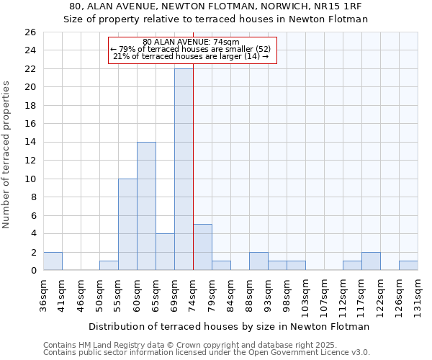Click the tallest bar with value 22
[184, 169]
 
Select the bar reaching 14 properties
[146, 206]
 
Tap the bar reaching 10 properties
[127, 224]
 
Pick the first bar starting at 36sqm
[53, 261]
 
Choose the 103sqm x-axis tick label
[305, 292]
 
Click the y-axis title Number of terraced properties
[7, 155]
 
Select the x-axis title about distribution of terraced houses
[229, 326]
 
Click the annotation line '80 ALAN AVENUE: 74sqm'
[192, 42]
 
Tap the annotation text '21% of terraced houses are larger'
[192, 56]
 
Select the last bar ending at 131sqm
[408, 266]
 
